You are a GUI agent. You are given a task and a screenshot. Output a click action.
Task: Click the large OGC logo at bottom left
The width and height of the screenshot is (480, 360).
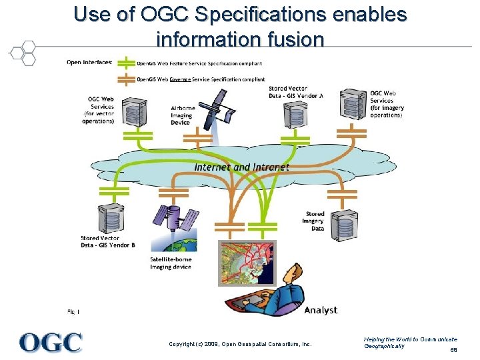coord(51,341)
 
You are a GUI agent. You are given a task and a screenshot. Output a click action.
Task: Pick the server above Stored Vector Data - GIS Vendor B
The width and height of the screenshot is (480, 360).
coord(107,219)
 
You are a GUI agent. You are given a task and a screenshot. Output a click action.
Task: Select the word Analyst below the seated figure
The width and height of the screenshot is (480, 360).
coord(321,310)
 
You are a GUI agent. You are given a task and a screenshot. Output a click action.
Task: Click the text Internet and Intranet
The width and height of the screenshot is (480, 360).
coord(241,167)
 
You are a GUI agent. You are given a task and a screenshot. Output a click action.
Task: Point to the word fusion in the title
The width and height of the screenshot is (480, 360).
coord(289,39)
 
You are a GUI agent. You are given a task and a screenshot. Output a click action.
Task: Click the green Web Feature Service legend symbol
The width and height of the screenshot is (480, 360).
coord(125,63)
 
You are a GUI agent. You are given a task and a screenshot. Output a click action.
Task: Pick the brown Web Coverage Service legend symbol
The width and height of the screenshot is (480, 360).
coord(125,79)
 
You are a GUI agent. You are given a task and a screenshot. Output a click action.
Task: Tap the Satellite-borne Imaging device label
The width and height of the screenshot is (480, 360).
coord(171,263)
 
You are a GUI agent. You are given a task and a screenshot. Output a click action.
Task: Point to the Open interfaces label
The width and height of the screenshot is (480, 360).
coord(90,63)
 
